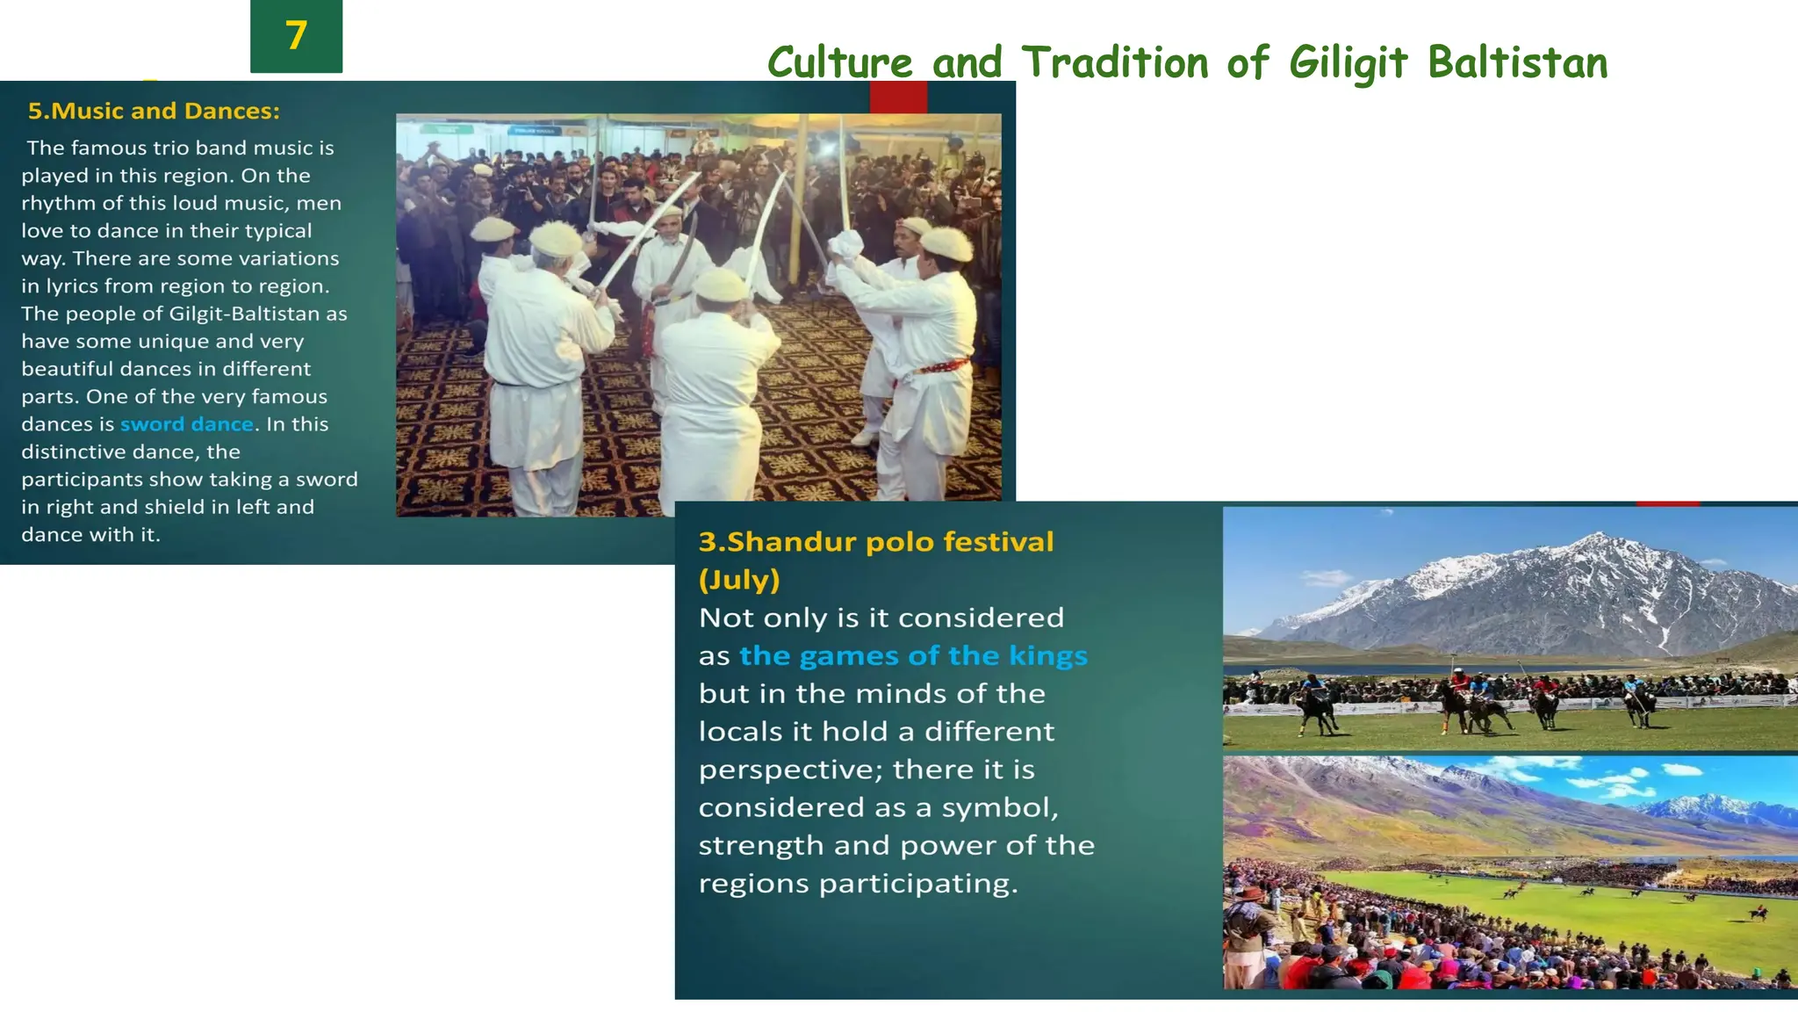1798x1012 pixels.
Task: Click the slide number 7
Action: tap(296, 36)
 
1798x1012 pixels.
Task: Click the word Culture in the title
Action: tap(840, 63)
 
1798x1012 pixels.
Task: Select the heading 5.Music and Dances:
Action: tap(154, 111)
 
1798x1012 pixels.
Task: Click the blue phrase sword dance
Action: tap(186, 424)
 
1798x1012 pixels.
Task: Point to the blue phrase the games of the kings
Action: tap(913, 655)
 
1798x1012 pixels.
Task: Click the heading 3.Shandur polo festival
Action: tap(875, 541)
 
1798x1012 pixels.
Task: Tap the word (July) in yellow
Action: tap(739, 580)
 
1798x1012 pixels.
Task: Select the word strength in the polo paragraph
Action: tap(760, 845)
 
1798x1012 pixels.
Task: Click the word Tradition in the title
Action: tap(1115, 63)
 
